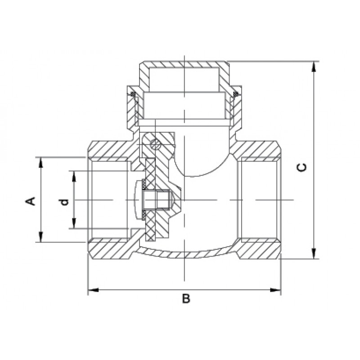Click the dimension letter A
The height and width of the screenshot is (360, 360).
click(x=31, y=201)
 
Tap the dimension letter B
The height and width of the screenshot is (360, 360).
click(x=186, y=298)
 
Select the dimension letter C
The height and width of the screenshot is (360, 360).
click(x=301, y=167)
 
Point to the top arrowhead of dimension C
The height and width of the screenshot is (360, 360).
click(x=314, y=67)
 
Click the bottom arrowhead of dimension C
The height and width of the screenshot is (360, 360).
click(x=314, y=253)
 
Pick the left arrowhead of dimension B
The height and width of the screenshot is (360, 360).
click(x=94, y=290)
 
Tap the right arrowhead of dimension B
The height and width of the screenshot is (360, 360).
click(x=275, y=290)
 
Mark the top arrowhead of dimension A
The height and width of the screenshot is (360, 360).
click(x=41, y=162)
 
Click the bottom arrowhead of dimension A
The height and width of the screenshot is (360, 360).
click(x=41, y=237)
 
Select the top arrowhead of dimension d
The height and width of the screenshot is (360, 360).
click(x=74, y=176)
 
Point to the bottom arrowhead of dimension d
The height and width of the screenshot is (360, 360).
click(x=74, y=223)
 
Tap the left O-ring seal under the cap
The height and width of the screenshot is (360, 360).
click(x=132, y=94)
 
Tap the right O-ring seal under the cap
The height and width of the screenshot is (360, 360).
click(x=236, y=94)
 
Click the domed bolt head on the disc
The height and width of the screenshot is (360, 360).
click(x=138, y=199)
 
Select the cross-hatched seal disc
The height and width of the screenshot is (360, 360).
click(x=150, y=200)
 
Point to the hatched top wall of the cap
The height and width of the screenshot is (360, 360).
click(x=184, y=64)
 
